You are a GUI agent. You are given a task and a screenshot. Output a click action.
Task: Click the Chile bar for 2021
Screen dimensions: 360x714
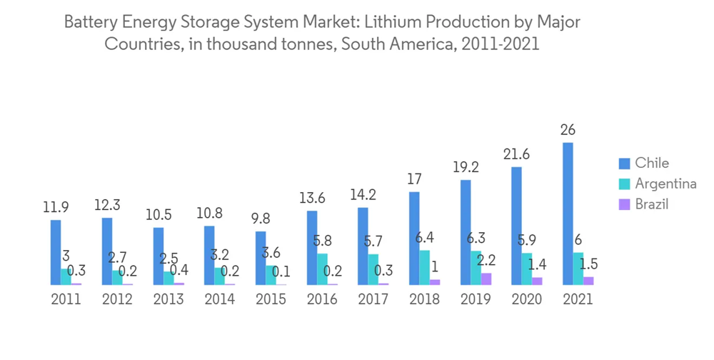click(568, 214)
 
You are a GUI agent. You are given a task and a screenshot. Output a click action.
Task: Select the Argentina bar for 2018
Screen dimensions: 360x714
click(425, 267)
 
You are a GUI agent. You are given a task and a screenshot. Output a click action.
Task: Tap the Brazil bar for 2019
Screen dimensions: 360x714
click(486, 279)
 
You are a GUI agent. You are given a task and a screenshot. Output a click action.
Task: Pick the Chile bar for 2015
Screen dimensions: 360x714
click(261, 258)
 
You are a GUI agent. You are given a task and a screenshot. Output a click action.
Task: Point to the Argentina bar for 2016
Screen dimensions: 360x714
click(322, 269)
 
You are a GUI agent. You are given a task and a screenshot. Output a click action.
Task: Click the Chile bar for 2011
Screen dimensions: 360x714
click(56, 252)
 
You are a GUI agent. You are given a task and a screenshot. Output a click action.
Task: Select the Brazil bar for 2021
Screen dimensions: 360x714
click(588, 281)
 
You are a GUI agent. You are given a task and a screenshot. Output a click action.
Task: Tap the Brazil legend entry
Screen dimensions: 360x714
click(652, 204)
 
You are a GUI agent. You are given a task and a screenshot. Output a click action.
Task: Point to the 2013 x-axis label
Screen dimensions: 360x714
click(169, 299)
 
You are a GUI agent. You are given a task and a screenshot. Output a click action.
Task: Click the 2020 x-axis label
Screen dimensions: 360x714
click(527, 299)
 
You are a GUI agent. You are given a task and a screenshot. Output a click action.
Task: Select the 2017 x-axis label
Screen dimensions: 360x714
click(373, 299)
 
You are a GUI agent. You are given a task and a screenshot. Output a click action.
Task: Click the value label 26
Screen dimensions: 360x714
click(568, 130)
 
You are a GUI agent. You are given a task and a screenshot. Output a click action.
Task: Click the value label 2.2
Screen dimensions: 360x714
click(486, 260)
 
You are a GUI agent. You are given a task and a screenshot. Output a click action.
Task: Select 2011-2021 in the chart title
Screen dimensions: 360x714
click(501, 44)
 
